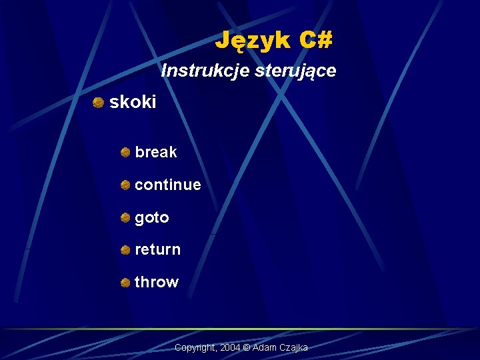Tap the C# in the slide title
[315, 41]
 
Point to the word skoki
[133, 102]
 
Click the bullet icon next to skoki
[98, 102]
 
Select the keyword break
[155, 152]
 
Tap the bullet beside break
[125, 152]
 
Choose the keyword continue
[167, 185]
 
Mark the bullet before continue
[125, 185]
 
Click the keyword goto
[151, 217]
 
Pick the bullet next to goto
[125, 217]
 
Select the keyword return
[157, 249]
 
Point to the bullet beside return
[125, 250]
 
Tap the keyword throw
[157, 282]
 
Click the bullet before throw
[125, 283]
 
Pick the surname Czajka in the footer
[293, 348]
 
